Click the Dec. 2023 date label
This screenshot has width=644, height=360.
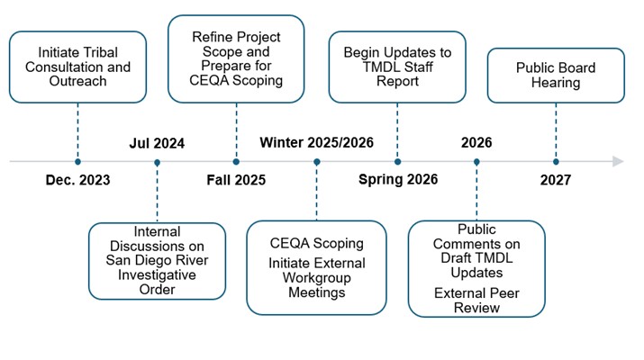78,180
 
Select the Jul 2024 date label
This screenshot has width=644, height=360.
157,142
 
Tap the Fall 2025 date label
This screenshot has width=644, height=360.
236,180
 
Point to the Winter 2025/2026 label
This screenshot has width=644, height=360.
316,142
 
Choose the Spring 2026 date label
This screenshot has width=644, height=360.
398,180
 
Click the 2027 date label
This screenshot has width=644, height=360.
556,180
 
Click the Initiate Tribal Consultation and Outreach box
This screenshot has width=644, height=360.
78,67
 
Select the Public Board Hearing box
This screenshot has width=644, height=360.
556,76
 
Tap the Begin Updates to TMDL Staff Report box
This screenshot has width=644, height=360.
397,67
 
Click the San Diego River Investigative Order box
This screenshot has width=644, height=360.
158,260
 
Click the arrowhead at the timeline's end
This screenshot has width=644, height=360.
618,161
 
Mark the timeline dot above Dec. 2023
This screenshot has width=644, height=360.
78,162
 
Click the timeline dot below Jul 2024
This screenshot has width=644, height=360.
157,162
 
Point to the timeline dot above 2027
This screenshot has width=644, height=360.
556,162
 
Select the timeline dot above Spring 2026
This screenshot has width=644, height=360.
398,162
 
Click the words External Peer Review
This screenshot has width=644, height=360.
476,301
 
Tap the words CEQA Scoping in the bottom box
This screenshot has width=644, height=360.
317,243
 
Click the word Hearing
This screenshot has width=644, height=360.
556,84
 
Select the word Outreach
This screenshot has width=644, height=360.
78,81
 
